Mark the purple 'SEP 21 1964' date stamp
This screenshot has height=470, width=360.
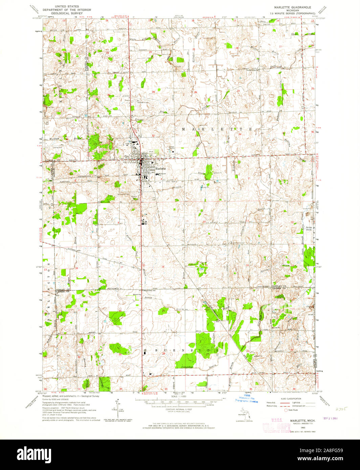(331, 418)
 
